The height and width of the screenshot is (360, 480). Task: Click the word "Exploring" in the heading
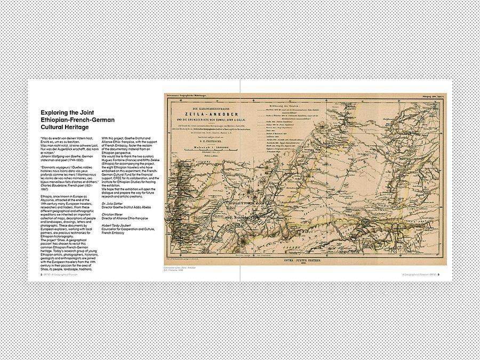pyautogui.click(x=57, y=113)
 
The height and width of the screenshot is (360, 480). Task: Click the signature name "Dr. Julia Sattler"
pyautogui.click(x=114, y=203)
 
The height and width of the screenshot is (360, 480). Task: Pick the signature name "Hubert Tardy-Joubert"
pyautogui.click(x=117, y=225)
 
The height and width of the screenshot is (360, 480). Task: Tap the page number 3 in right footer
pyautogui.click(x=438, y=275)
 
